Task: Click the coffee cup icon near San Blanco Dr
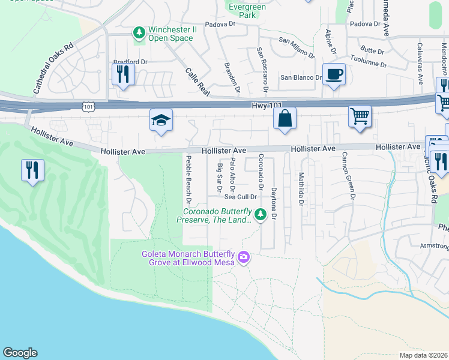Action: click(334, 74)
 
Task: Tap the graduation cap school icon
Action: click(161, 121)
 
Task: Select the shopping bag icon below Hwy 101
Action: click(286, 118)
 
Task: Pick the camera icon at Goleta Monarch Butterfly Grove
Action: click(244, 257)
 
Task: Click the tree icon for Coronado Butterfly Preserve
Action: click(260, 213)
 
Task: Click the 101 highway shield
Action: click(88, 106)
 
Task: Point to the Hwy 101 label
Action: click(267, 105)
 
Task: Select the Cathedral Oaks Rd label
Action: click(53, 67)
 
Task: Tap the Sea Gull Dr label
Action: click(241, 196)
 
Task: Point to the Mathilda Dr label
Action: click(301, 190)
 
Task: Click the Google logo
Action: click(20, 353)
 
